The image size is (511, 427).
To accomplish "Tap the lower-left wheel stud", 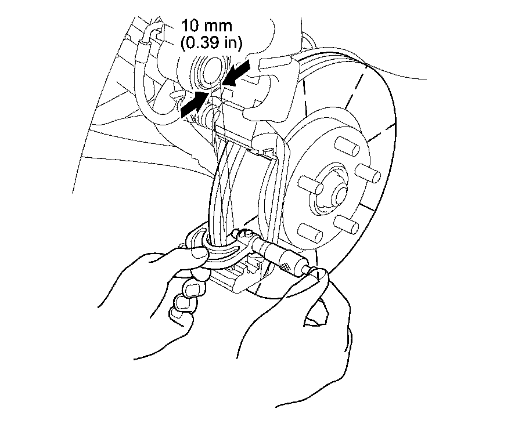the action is coord(310,232).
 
